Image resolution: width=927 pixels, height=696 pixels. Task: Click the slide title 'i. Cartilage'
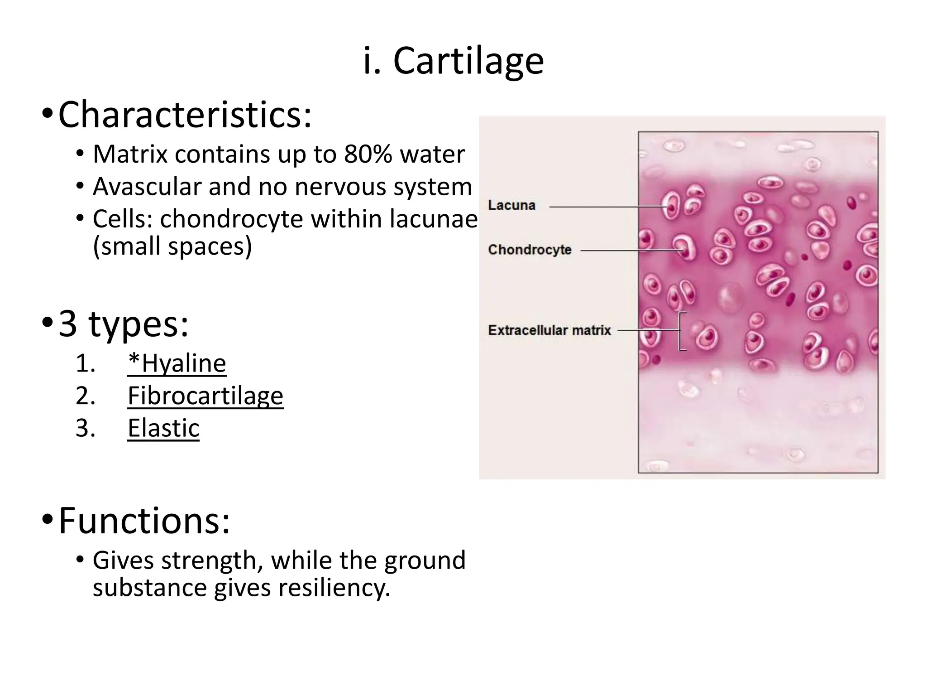(x=454, y=61)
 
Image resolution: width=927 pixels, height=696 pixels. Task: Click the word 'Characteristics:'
(x=185, y=115)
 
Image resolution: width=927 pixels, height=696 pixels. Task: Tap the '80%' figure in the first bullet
(x=368, y=155)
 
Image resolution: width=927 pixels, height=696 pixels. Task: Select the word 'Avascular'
(x=147, y=187)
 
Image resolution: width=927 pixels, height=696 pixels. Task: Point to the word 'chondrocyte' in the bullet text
(x=231, y=219)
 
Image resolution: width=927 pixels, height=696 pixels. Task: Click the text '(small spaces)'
(x=172, y=247)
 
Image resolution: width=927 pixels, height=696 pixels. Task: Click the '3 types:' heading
(x=124, y=324)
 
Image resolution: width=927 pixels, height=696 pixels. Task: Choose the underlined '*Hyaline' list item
(x=177, y=364)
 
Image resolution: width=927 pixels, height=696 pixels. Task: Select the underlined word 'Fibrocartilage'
(x=205, y=396)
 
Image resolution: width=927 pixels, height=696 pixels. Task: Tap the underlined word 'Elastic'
(x=163, y=428)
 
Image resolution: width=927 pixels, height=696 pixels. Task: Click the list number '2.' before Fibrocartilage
(x=86, y=396)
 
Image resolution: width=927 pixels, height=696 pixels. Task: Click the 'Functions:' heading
(x=144, y=521)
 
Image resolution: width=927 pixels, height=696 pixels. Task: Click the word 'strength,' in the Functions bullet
(x=212, y=561)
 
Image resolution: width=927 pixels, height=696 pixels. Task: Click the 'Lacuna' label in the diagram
(x=511, y=205)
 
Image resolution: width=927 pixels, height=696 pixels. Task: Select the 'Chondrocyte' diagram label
(x=530, y=250)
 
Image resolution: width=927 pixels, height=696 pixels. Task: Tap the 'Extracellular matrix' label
(x=549, y=330)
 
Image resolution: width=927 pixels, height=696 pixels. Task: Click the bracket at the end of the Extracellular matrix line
(x=681, y=331)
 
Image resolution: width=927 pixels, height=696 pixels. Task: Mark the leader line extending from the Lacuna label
(x=607, y=207)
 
